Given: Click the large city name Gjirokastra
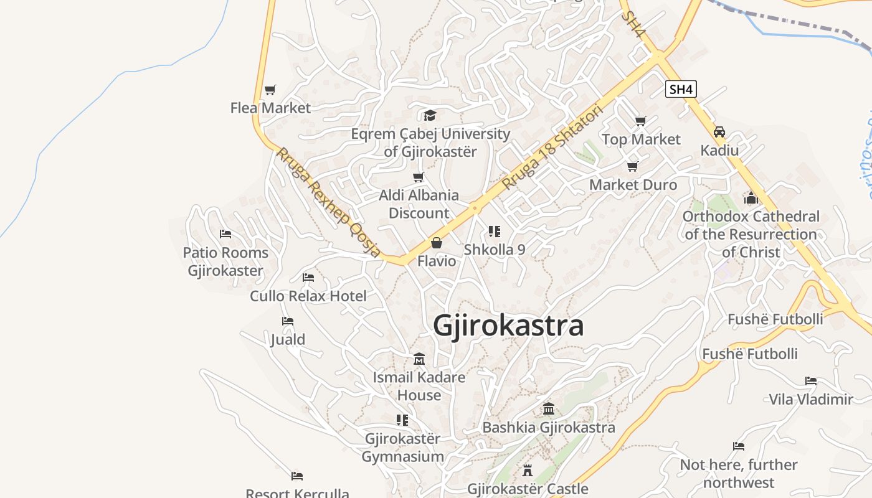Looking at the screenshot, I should point(508,326).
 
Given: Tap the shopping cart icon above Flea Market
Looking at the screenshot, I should point(270,90).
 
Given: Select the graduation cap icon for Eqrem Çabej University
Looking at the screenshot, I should point(430,115).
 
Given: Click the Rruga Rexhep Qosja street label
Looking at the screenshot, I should point(328,202).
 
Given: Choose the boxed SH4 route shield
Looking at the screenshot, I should point(680,90).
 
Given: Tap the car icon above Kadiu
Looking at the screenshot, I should point(719,132).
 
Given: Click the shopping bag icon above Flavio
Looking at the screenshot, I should point(437,242).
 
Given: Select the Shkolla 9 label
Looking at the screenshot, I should point(495,250).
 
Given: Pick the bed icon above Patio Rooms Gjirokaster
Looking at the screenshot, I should point(225,234).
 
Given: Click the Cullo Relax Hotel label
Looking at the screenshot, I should point(308,296).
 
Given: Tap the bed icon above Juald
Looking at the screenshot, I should point(287,321).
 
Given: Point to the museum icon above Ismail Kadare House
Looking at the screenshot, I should point(419,359).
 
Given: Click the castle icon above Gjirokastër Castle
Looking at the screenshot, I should point(528,470).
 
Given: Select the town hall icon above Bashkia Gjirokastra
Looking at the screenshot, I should point(549,409).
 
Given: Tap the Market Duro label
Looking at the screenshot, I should point(633,185).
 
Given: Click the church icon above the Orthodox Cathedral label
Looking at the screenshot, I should point(751,198).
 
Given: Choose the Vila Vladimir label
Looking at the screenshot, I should point(810,399).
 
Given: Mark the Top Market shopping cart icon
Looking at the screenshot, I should point(641,121).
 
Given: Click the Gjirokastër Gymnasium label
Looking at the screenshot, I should point(403,448).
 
